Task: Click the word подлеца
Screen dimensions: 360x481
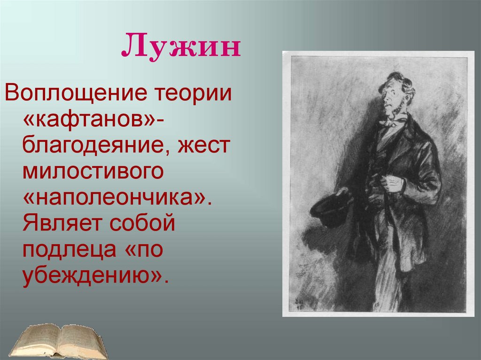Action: (68, 251)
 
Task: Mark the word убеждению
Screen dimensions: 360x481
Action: (92, 278)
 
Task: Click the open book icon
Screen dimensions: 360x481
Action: (59, 340)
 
